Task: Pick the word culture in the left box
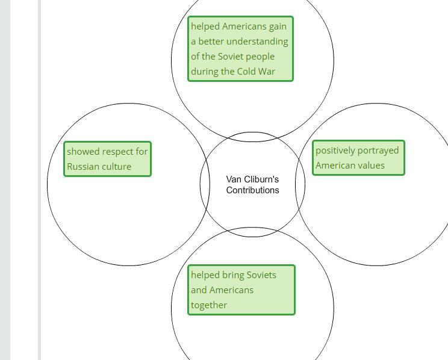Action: click(x=116, y=167)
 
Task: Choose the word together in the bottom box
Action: click(x=209, y=305)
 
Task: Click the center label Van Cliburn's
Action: click(x=252, y=179)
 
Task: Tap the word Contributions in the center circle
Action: click(x=252, y=190)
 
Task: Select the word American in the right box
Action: click(x=334, y=166)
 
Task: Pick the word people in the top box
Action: click(x=261, y=57)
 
